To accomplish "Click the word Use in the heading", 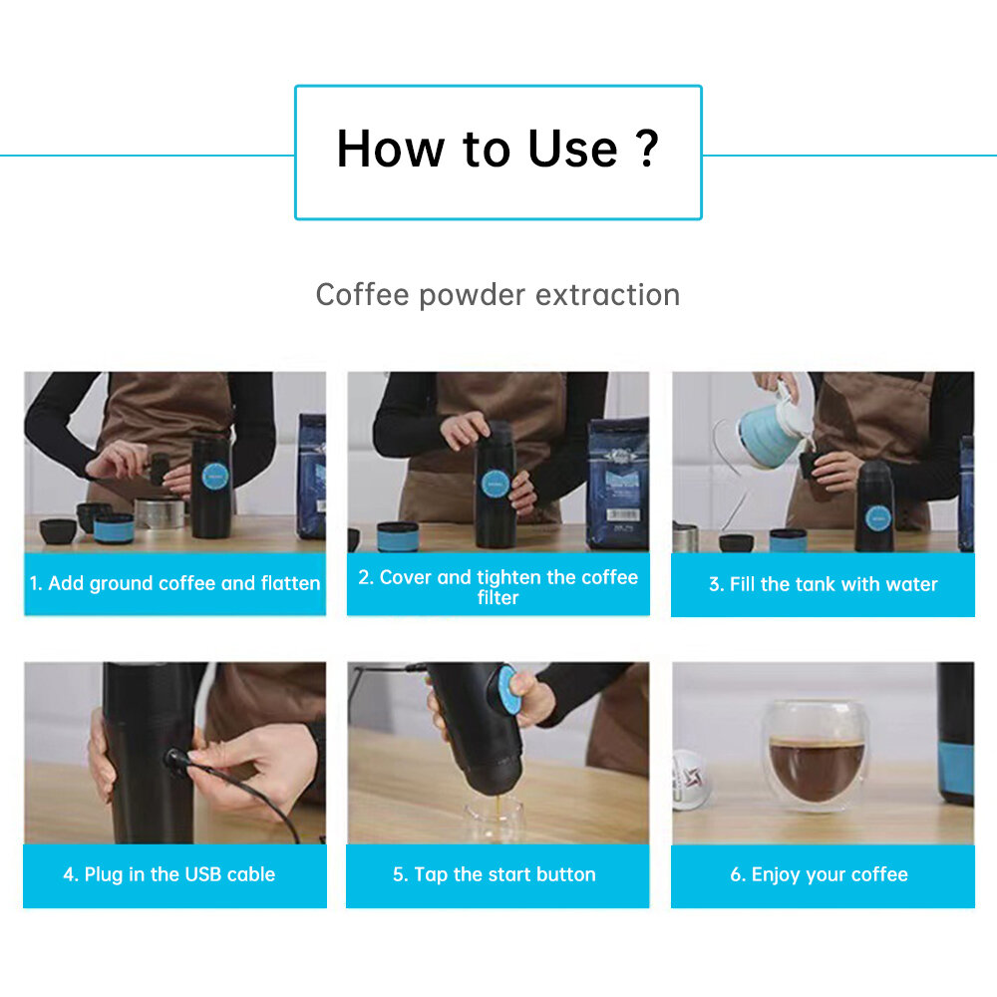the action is point(572,149).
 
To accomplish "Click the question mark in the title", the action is point(647,149).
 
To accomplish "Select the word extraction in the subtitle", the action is point(608,295).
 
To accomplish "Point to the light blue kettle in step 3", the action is point(772,434).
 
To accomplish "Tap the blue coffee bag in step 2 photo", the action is point(618,483).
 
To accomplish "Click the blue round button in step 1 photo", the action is point(214,477).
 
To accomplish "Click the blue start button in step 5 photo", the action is point(509,689).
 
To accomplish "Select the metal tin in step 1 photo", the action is point(161,513).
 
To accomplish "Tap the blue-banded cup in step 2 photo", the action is point(398,536).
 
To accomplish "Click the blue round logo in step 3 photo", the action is point(878,518).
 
